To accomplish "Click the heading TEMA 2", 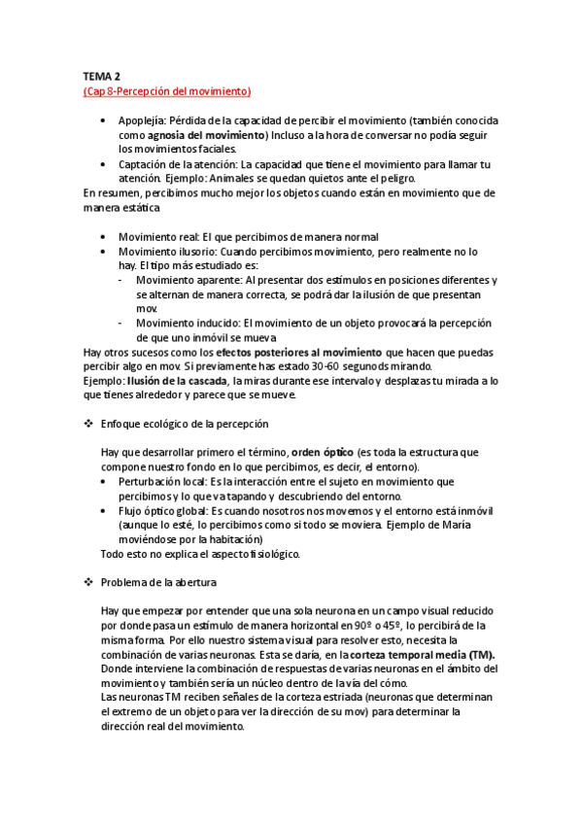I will click(x=100, y=76).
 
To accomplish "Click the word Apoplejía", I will click(x=142, y=120).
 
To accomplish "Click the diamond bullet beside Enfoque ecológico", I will click(x=89, y=425).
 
